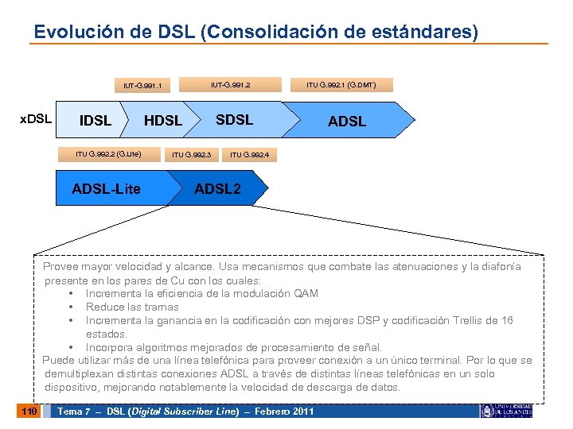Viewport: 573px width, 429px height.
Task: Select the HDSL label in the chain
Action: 163,121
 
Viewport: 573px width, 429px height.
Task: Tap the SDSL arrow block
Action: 235,120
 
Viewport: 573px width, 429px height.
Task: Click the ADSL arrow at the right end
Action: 347,121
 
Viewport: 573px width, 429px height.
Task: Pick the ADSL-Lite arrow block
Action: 106,188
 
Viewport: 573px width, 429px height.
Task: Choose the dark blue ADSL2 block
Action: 217,188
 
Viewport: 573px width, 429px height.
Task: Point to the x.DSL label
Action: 35,120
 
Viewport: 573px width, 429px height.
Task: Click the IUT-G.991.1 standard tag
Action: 142,85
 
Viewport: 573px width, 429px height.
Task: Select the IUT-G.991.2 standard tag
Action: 231,84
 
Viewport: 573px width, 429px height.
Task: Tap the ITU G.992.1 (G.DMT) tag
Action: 341,84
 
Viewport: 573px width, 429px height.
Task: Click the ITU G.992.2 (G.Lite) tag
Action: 108,154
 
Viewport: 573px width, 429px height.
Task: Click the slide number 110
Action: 29,411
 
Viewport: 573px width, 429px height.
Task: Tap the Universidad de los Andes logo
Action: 506,410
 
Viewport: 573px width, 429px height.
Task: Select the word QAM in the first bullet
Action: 306,293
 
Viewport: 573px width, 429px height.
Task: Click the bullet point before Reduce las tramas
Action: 72,307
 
